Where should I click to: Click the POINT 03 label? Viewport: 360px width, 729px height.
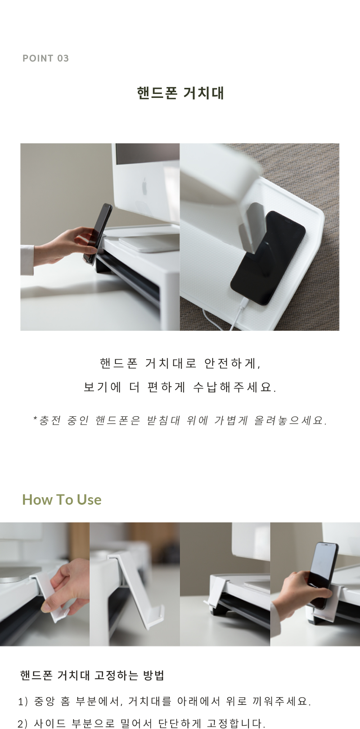tap(46, 58)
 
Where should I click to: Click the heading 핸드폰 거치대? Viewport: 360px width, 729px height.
tap(180, 93)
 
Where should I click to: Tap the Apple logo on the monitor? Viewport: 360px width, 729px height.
tap(144, 186)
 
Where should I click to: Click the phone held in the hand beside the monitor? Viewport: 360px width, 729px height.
tap(98, 233)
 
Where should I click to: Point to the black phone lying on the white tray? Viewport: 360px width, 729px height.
tap(268, 257)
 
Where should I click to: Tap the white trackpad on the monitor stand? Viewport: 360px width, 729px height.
tap(149, 244)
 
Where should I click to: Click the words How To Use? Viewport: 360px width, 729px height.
tap(62, 500)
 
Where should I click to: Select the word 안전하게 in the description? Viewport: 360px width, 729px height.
tap(232, 363)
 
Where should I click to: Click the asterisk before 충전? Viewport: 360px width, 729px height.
tap(35, 418)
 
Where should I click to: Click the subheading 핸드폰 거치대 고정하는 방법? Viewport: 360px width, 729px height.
tap(92, 676)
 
